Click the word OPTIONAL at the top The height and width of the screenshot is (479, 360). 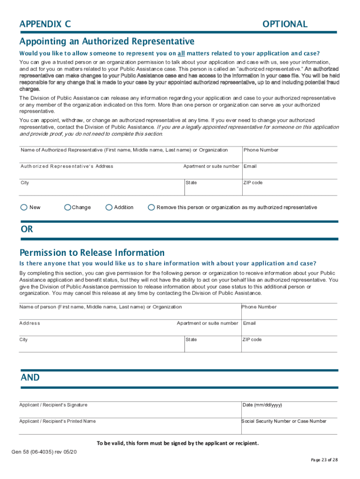click(285, 24)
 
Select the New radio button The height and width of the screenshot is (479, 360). click(24, 207)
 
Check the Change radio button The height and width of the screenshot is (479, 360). click(68, 207)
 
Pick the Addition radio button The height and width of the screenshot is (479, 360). click(109, 207)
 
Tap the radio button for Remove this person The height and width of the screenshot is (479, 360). click(151, 207)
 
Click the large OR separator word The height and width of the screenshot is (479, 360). click(27, 229)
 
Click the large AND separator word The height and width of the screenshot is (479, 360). click(30, 377)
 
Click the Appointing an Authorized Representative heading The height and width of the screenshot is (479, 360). click(107, 41)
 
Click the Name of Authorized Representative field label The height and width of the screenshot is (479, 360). click(124, 150)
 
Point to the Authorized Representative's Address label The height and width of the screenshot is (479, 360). click(66, 167)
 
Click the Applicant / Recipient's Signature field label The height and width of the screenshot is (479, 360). click(53, 405)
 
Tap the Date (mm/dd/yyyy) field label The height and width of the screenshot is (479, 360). click(262, 405)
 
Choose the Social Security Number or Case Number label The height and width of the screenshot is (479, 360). click(284, 421)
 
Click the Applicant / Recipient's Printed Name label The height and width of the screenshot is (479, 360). click(57, 421)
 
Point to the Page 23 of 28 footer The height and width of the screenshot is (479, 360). click(324, 460)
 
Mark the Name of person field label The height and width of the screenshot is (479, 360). click(101, 307)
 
